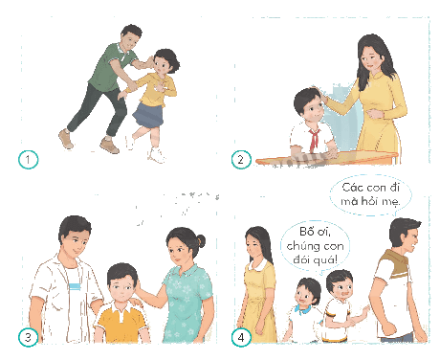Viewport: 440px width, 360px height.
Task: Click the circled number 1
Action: coord(28,159)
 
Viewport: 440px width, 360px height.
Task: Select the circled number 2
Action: coord(241,159)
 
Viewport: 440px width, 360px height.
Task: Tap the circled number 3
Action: coord(28,337)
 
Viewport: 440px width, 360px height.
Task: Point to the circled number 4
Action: coord(241,337)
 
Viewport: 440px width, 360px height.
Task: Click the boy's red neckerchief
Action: coord(314,139)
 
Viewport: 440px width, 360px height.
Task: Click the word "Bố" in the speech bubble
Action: coord(306,231)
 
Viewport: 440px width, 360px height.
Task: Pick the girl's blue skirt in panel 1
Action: coord(148,115)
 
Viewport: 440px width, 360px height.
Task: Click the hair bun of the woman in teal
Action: coord(201,240)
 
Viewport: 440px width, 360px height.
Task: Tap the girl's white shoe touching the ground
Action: coord(157,155)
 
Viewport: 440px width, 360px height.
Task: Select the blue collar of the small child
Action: coord(302,309)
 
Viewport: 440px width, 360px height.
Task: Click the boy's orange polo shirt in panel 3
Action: coord(121,323)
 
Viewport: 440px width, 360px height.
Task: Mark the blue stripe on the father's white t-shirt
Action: coord(75,286)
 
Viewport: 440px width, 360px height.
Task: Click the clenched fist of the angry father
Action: coord(388,328)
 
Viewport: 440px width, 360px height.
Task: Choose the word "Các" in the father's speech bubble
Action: coord(351,188)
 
